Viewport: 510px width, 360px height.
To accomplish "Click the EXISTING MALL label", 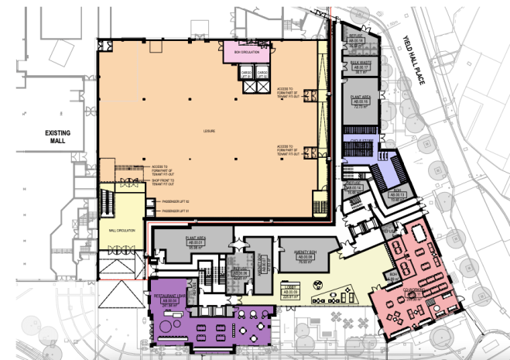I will pos(57,138).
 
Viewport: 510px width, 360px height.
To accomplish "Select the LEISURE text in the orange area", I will pos(210,131).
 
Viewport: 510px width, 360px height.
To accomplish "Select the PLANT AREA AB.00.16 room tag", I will pos(361,101).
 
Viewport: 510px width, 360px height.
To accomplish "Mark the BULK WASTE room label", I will pos(361,63).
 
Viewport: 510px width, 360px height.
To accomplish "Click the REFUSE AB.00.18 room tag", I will pos(357,40).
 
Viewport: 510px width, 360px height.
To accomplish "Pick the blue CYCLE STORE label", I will pos(358,142).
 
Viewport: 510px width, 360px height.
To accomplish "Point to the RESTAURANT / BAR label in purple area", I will pos(168,297).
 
